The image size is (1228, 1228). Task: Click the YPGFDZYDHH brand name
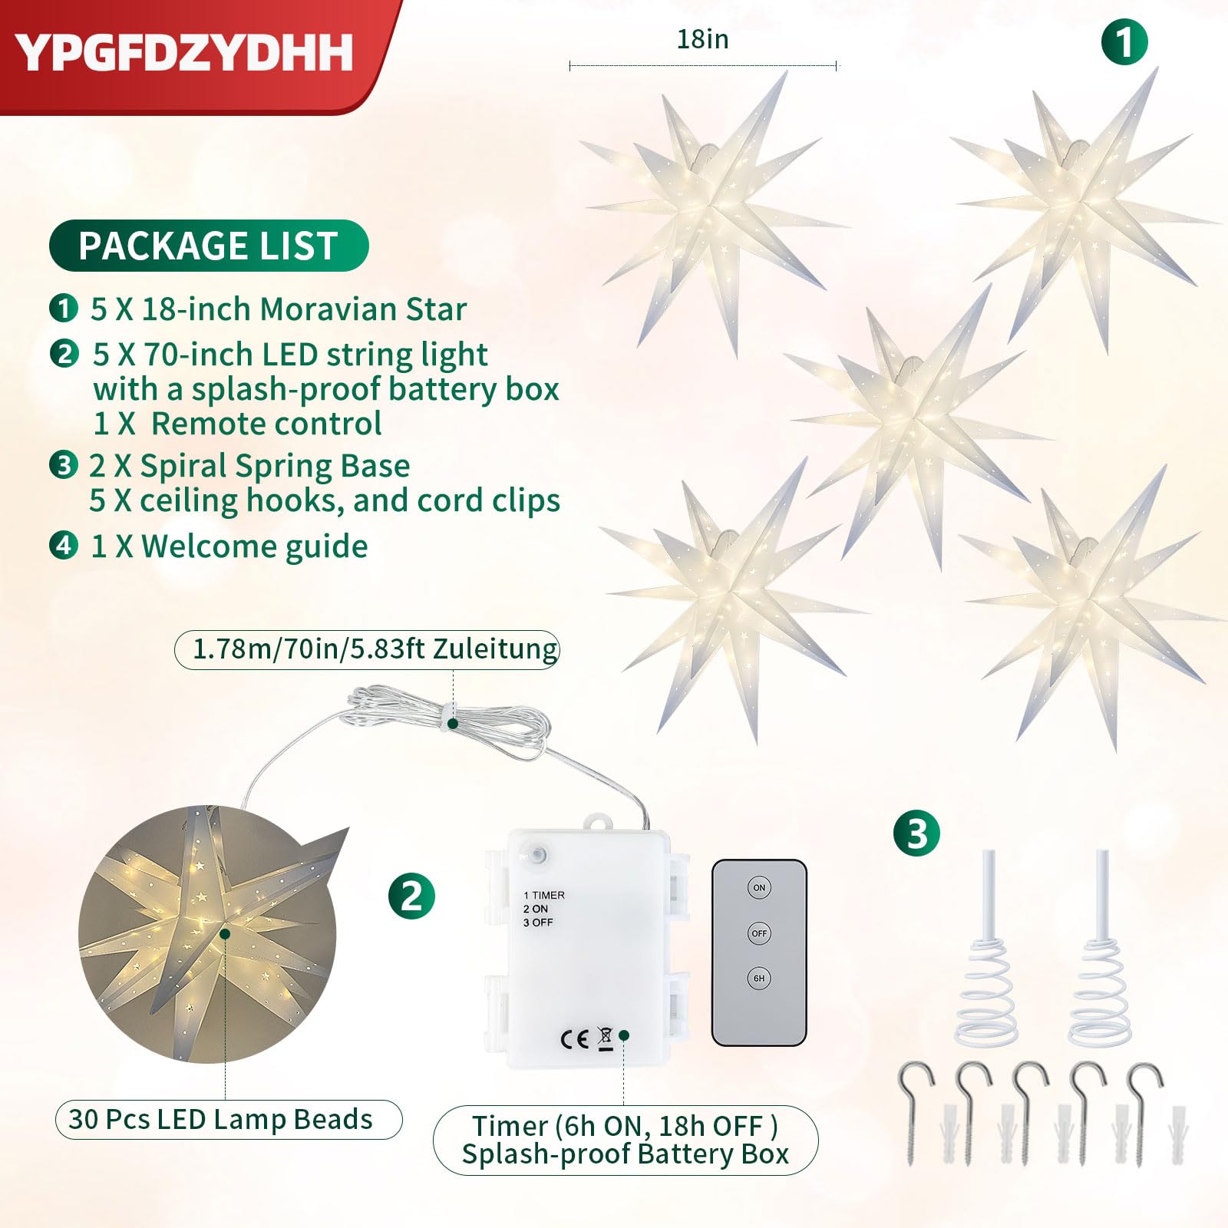click(x=184, y=53)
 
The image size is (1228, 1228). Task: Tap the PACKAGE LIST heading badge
click(x=209, y=246)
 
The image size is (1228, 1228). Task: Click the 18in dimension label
click(x=702, y=39)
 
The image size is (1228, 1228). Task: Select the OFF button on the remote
click(x=759, y=933)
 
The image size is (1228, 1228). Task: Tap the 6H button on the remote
click(x=759, y=978)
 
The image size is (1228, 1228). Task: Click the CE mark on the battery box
click(x=575, y=1039)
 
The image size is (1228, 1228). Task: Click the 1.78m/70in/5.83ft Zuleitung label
click(x=367, y=649)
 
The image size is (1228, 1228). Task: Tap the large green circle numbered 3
click(x=916, y=834)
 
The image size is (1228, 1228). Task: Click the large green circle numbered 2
click(x=411, y=896)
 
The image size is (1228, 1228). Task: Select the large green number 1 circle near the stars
click(x=1124, y=42)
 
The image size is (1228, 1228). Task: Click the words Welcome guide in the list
click(x=255, y=546)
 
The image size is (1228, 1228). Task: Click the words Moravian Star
click(x=363, y=309)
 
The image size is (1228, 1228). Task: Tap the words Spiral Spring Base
click(x=275, y=467)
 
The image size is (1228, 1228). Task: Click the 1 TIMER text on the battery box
click(x=544, y=895)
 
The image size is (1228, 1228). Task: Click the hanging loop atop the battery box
click(x=600, y=822)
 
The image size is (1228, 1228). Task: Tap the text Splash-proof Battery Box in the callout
click(x=626, y=1154)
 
